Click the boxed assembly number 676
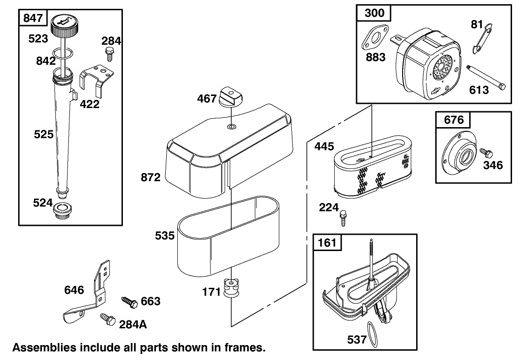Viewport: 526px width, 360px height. point(453,120)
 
